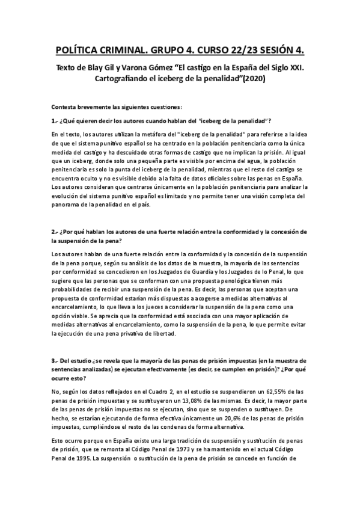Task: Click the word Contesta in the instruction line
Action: [65, 107]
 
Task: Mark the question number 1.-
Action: [55, 121]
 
